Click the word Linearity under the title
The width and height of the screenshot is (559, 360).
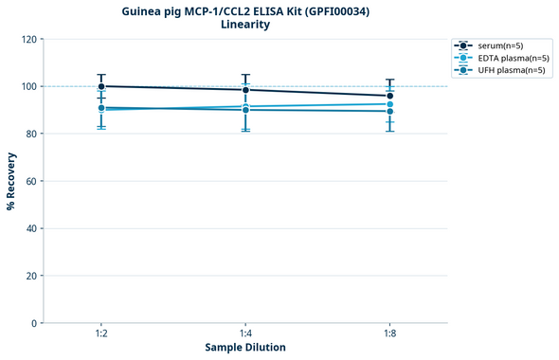[244, 25]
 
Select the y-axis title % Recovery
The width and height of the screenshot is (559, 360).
[11, 180]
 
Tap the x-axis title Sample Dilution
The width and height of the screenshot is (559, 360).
[245, 347]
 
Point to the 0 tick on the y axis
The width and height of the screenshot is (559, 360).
[33, 323]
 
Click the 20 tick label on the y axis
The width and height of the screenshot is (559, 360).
[30, 276]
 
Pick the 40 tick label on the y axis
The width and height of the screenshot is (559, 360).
[30, 228]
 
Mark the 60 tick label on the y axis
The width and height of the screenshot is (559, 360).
[30, 181]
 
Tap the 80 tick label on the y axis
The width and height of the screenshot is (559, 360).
[30, 134]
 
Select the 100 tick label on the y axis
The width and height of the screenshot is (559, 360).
[27, 86]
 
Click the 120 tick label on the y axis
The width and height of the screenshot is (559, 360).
[27, 39]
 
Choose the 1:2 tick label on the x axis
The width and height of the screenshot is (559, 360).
[101, 333]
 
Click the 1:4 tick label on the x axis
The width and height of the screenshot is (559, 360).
[245, 333]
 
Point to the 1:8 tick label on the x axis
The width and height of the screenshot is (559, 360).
[389, 333]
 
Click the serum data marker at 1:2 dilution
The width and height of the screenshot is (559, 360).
[101, 86]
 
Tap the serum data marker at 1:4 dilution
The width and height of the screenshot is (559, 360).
[245, 90]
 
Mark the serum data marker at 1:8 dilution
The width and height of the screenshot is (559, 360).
[389, 96]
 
